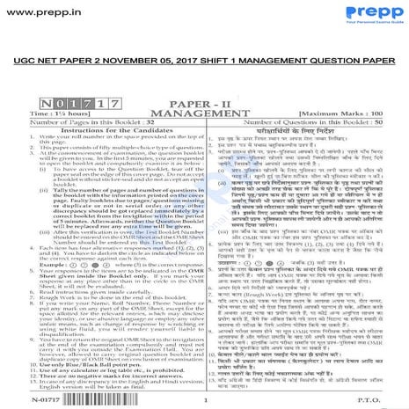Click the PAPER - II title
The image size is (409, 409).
(x=203, y=104)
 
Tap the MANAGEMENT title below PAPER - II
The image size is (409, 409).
(x=204, y=113)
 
